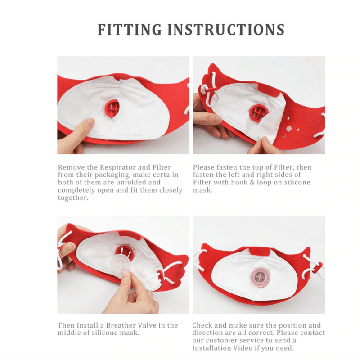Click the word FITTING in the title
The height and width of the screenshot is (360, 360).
(x=130, y=30)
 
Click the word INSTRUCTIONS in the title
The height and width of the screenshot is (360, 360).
(x=226, y=30)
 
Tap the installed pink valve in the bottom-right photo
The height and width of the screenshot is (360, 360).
(x=259, y=277)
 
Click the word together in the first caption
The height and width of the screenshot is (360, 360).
(x=73, y=198)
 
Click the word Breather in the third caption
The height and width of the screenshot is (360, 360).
(x=121, y=325)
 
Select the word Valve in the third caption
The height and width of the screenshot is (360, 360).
(x=148, y=325)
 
